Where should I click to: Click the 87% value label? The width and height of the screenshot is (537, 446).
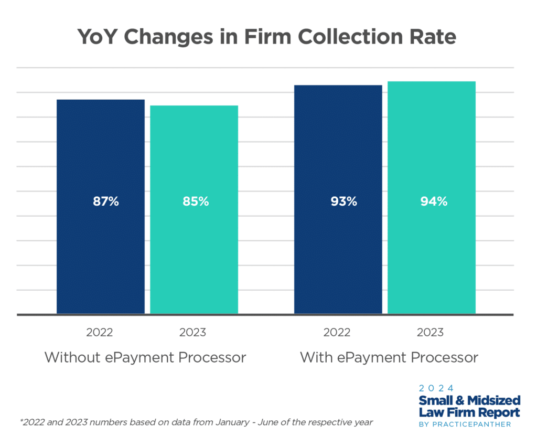(106, 201)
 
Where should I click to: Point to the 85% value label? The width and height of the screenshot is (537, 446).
(196, 201)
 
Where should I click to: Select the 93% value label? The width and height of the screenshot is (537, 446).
(343, 201)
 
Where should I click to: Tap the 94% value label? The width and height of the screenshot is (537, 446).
(434, 201)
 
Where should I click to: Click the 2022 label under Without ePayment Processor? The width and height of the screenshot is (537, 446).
(100, 333)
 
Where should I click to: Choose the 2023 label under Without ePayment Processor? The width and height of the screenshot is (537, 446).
(193, 333)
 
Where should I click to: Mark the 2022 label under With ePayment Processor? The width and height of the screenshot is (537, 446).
(337, 333)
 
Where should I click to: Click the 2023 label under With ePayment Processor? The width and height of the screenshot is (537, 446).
(430, 333)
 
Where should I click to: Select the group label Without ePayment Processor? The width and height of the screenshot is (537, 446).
(145, 358)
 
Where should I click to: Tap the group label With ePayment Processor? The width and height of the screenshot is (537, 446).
(389, 358)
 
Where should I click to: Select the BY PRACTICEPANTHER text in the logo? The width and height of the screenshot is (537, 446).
(465, 424)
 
